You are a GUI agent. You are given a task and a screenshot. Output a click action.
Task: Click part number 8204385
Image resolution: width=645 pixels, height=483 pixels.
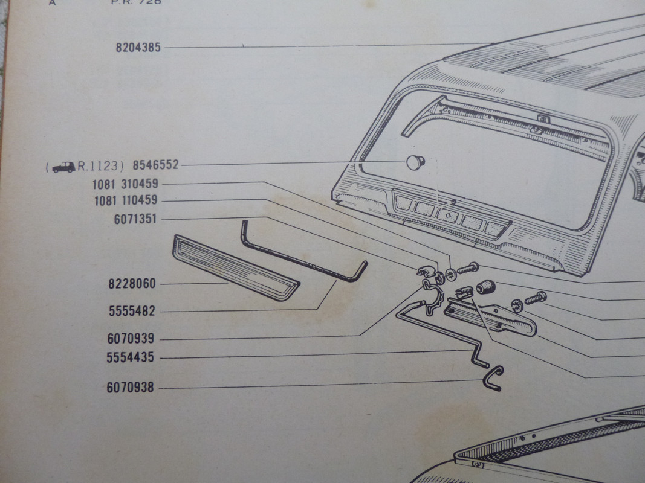tap(138, 47)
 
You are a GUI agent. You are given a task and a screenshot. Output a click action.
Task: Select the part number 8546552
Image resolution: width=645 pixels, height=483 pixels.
tap(155, 165)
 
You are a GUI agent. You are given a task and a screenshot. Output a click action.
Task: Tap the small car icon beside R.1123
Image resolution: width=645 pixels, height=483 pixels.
tap(63, 167)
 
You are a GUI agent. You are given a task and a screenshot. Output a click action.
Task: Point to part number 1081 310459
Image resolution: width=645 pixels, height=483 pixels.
tap(126, 184)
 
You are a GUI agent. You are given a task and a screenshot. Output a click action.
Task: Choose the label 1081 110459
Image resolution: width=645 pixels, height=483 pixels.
tap(126, 201)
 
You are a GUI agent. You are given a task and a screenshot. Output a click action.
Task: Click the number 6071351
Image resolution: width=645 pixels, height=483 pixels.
tap(135, 219)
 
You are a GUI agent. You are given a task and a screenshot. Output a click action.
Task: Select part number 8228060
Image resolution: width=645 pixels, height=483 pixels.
tap(132, 283)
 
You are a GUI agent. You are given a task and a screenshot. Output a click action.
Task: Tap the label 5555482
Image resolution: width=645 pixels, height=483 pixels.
tap(132, 312)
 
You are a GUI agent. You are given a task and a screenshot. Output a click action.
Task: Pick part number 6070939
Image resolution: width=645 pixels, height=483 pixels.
tap(131, 340)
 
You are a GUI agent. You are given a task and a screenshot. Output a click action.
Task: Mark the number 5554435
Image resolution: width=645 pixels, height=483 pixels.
tap(130, 358)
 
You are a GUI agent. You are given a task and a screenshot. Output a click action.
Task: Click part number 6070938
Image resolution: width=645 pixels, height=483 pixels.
tap(130, 388)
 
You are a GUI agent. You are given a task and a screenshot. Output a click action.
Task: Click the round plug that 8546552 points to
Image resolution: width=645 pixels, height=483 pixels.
tap(415, 162)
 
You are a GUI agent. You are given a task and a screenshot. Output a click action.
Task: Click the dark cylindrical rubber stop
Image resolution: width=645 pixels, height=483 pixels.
tap(485, 287)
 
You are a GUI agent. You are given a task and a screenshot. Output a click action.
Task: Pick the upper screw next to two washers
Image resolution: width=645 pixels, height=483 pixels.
tap(468, 267)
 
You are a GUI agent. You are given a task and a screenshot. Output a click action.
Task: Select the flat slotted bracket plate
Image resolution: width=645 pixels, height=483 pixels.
tap(490, 319)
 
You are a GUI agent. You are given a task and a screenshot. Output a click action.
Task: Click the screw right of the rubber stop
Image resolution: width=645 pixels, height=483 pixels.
tap(536, 298)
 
